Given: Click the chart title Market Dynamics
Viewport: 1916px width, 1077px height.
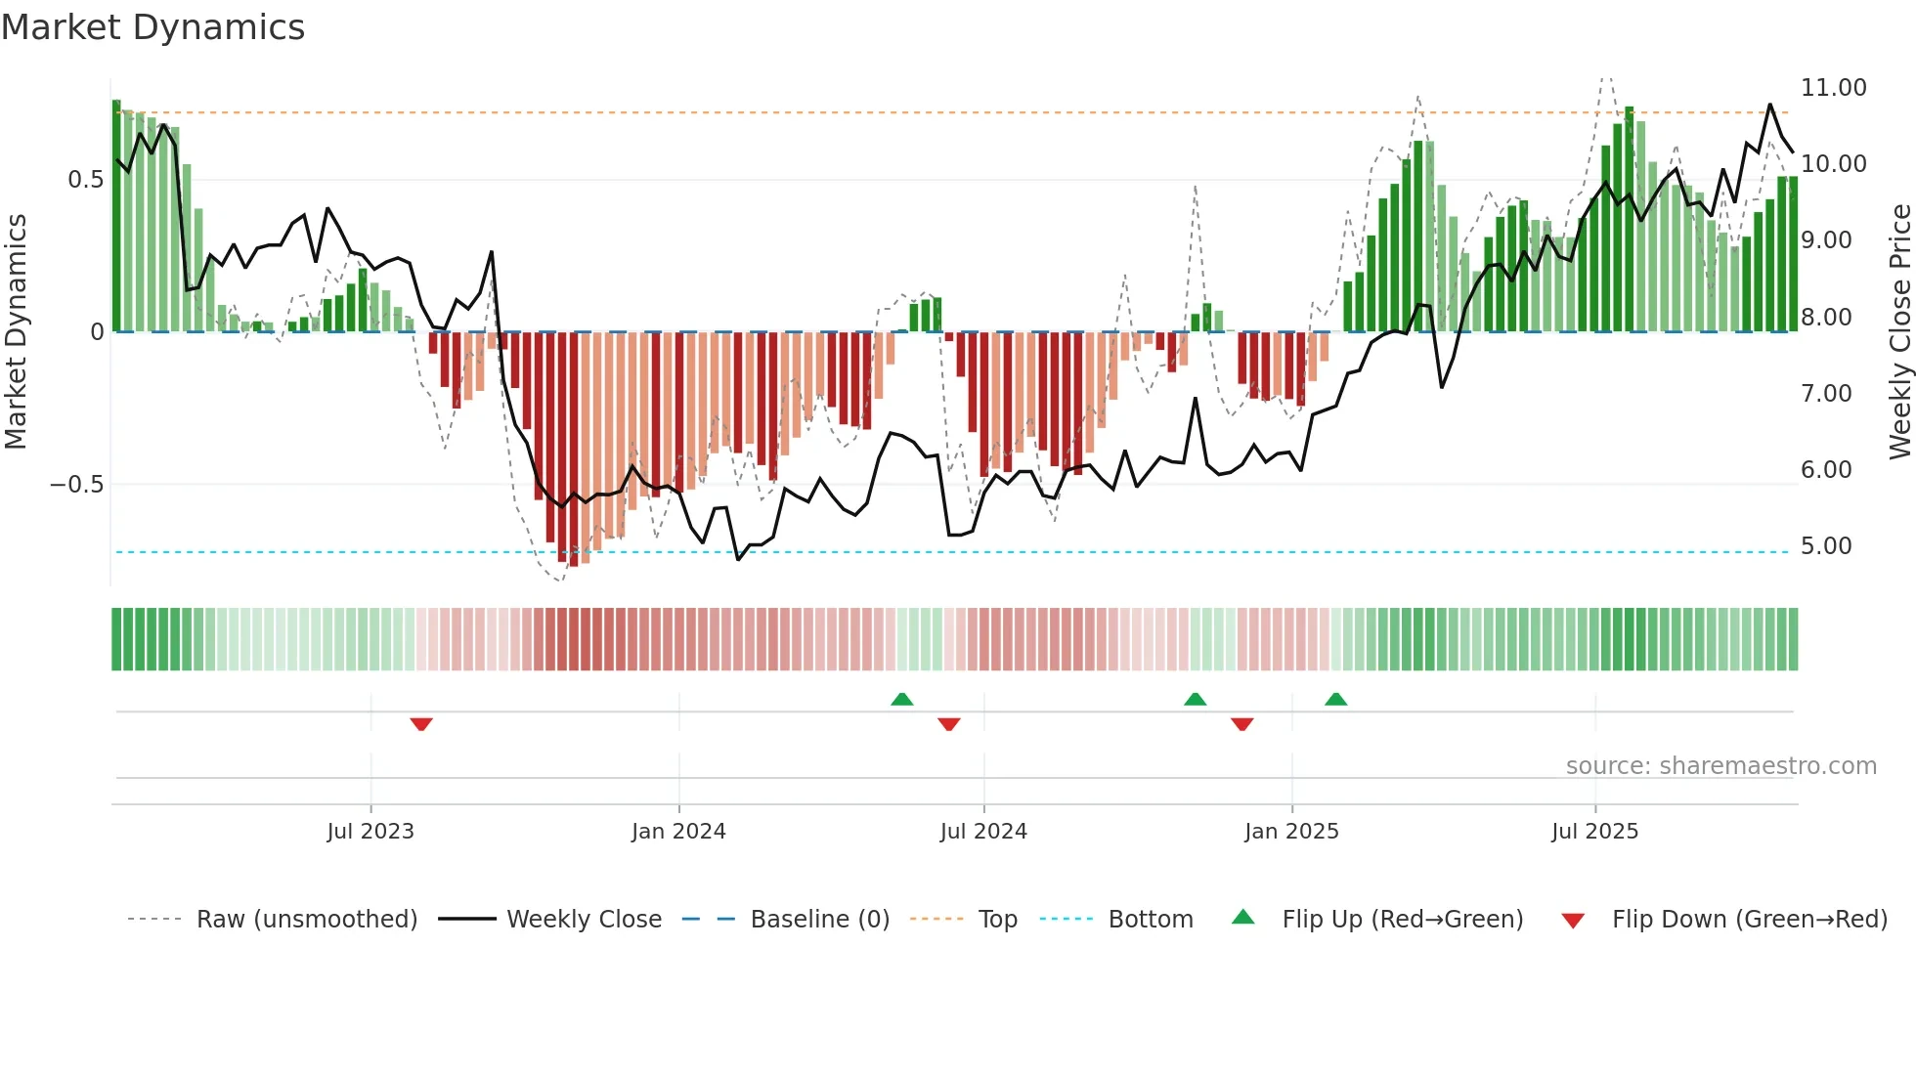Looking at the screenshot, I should point(152,27).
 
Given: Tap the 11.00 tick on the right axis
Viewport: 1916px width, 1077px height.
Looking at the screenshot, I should point(1833,88).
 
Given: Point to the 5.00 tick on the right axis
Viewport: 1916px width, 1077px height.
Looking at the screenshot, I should point(1825,546).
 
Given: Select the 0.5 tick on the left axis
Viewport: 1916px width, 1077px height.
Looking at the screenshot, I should point(85,180).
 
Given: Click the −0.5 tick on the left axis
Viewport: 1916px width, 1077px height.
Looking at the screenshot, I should point(76,485).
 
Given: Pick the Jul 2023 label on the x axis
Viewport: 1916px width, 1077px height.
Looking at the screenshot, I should point(370,832).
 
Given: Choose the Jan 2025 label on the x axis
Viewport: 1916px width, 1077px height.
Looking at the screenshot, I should point(1291,832).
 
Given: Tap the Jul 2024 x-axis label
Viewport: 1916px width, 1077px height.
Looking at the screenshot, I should point(983,832).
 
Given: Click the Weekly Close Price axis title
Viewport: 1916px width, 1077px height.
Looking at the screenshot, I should point(1899,332).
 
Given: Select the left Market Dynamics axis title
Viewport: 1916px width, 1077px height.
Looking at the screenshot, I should point(16,332).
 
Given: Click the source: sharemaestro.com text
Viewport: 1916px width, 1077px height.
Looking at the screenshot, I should point(1720,766).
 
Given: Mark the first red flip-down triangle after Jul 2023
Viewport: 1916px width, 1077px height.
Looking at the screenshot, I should point(421,724).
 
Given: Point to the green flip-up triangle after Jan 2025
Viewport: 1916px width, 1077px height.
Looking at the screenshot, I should point(1335,699).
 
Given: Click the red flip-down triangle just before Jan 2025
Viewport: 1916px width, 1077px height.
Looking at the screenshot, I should point(1241,724).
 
